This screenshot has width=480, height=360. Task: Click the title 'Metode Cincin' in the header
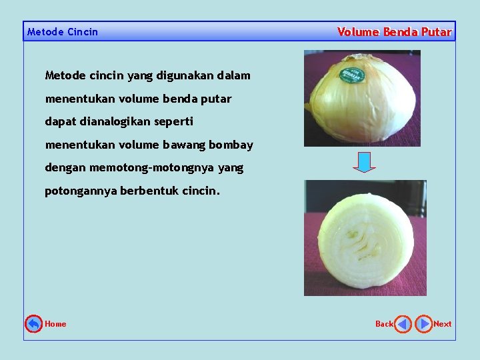click(62, 32)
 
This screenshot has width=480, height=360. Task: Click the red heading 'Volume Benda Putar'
click(394, 32)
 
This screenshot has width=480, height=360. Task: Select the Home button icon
click(33, 324)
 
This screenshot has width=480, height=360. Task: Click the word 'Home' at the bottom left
click(55, 324)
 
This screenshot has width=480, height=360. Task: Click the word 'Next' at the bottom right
click(442, 324)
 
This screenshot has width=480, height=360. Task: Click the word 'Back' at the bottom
click(384, 324)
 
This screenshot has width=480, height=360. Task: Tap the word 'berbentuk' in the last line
click(149, 191)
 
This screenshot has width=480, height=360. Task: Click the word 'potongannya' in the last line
click(81, 191)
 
